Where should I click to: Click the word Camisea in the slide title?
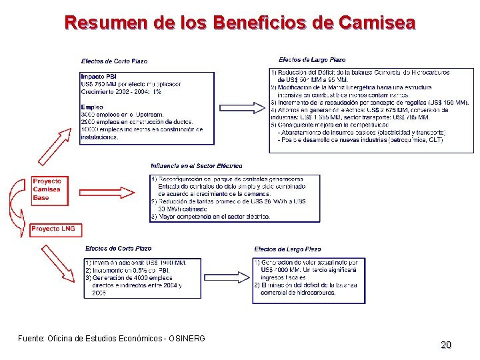(x=377, y=23)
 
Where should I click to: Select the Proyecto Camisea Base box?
(x=47, y=189)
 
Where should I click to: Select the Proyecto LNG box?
(x=53, y=229)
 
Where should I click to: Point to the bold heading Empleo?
(x=92, y=107)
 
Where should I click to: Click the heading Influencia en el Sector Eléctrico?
(x=197, y=165)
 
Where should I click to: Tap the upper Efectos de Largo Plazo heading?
(x=312, y=60)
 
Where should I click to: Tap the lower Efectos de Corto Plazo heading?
(x=118, y=249)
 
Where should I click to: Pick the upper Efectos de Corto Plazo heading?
(x=115, y=61)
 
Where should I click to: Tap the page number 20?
(x=446, y=345)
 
